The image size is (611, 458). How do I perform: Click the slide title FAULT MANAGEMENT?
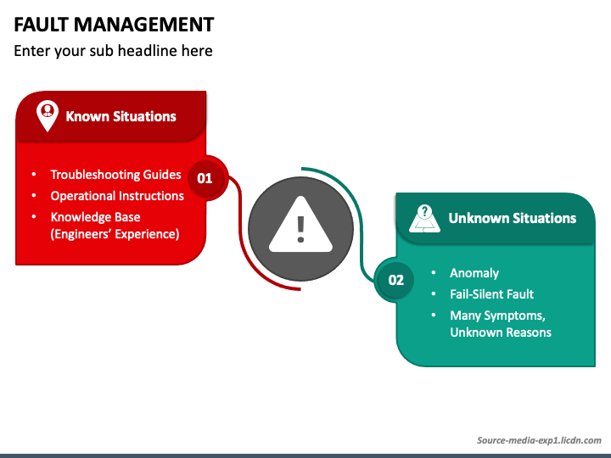click(x=114, y=24)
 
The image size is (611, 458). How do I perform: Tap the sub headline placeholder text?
click(x=113, y=51)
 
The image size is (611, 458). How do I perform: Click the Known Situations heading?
click(x=121, y=116)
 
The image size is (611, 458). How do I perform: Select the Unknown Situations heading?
click(x=512, y=218)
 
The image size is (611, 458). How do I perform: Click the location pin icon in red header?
click(x=48, y=115)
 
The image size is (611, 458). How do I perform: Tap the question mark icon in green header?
click(x=425, y=218)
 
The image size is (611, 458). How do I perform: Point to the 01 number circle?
click(x=205, y=178)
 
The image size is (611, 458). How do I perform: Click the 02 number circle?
click(x=395, y=280)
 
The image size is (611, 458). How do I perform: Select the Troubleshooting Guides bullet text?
click(x=115, y=175)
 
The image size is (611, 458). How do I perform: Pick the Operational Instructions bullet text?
click(x=117, y=196)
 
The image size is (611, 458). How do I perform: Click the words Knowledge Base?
click(x=95, y=217)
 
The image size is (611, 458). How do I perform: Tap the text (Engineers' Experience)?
click(x=115, y=234)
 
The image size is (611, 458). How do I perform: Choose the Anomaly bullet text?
click(x=474, y=273)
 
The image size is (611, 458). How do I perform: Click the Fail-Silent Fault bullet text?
click(x=491, y=294)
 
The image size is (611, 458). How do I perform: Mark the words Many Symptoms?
click(x=497, y=316)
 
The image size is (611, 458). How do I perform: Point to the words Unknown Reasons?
click(x=500, y=332)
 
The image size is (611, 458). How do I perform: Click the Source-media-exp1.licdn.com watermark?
click(x=538, y=441)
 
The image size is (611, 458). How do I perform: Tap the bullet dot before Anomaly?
click(x=433, y=273)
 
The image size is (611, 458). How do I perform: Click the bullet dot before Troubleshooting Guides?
click(x=34, y=175)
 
